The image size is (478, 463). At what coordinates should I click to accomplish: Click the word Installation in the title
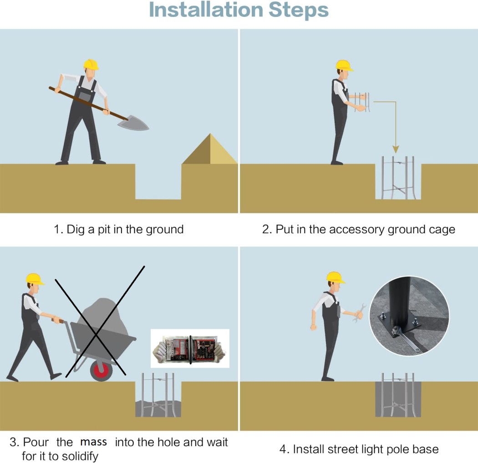[206, 10]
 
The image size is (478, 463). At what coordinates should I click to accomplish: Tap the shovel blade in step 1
[133, 123]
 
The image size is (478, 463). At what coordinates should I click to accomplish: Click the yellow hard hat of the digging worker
[91, 65]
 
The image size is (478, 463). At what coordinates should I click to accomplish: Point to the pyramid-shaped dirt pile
[210, 149]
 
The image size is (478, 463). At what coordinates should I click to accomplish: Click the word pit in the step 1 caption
[104, 229]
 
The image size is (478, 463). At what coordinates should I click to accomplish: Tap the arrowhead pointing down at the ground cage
[396, 149]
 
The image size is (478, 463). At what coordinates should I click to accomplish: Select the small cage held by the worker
[362, 102]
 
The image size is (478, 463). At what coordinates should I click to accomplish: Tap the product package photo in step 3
[190, 348]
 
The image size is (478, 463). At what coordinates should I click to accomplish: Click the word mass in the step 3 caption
[94, 442]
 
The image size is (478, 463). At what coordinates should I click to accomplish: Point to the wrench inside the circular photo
[406, 339]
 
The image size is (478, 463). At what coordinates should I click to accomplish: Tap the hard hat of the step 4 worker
[336, 277]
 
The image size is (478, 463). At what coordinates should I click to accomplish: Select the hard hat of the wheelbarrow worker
[35, 279]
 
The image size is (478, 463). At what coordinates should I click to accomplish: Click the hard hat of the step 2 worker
[344, 65]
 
